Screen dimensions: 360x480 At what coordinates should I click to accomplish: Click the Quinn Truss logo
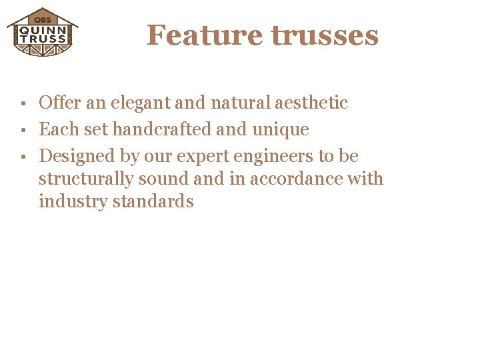pyautogui.click(x=42, y=32)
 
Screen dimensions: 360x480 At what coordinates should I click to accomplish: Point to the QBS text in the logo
pyautogui.click(x=42, y=19)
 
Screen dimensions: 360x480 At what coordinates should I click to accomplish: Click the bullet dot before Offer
pyautogui.click(x=23, y=104)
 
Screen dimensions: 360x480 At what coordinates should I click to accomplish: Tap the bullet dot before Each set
pyautogui.click(x=23, y=131)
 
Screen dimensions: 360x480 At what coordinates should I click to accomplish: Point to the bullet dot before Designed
pyautogui.click(x=23, y=157)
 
